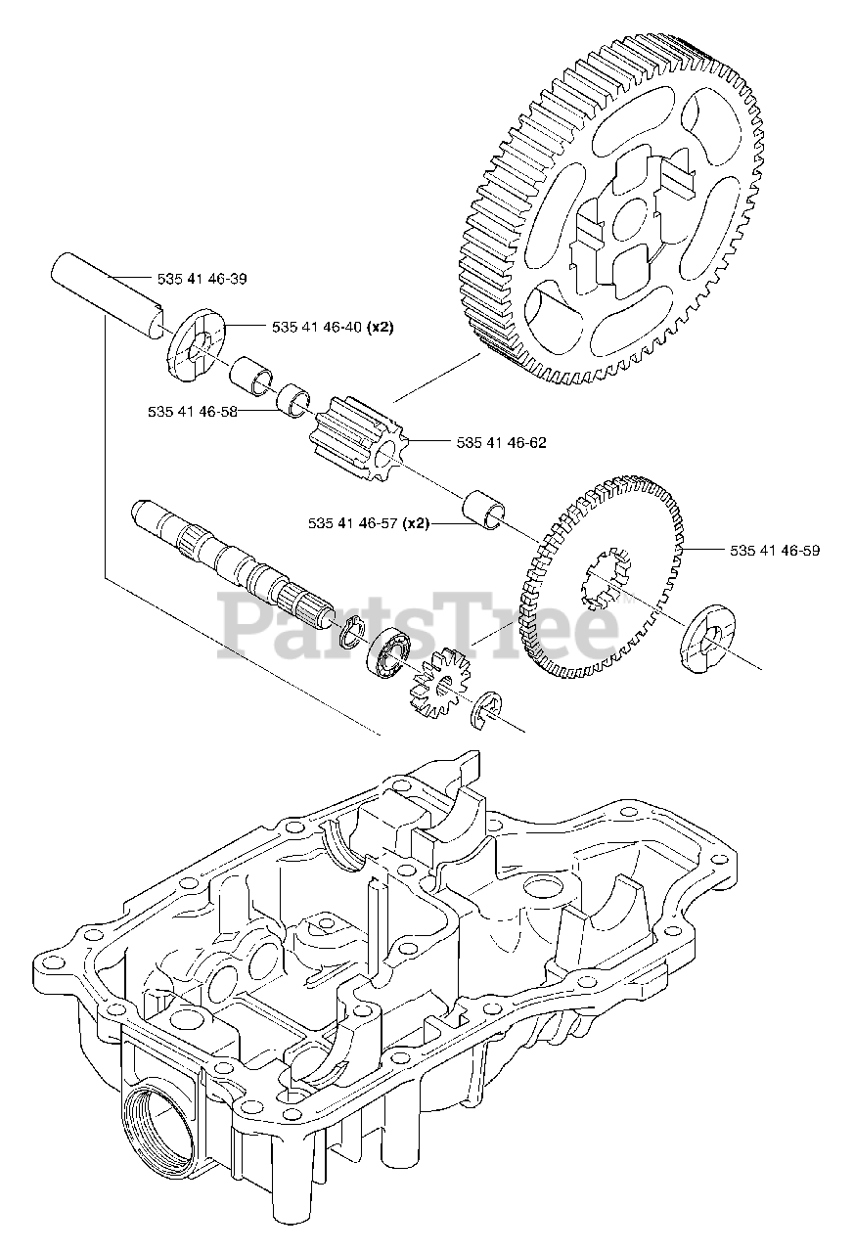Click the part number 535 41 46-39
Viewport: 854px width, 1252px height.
[202, 279]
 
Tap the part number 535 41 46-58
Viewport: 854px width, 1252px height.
[192, 413]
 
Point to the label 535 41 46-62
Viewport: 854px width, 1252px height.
[501, 442]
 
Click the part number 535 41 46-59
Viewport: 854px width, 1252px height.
[774, 551]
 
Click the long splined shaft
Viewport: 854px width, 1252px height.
[235, 563]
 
